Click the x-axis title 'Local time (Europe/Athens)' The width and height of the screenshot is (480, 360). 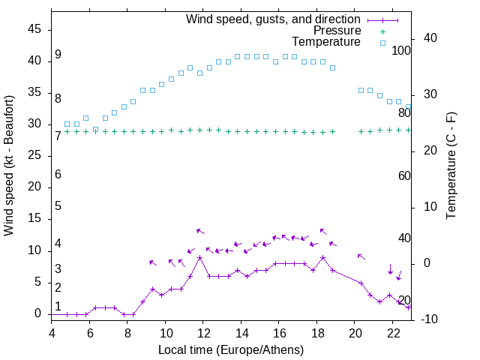coord(231,349)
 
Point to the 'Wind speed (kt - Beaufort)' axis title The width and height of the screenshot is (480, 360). coord(10,165)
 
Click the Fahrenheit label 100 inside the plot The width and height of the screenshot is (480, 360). coord(402,50)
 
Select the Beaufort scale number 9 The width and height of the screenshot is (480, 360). coord(58,55)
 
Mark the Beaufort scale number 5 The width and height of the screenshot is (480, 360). coord(58,206)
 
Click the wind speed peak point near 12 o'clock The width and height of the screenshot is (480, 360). coord(200,257)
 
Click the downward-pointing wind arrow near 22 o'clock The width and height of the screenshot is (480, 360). coord(390,269)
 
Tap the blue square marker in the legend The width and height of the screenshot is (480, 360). coord(382,43)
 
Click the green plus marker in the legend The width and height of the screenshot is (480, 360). coord(382,31)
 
